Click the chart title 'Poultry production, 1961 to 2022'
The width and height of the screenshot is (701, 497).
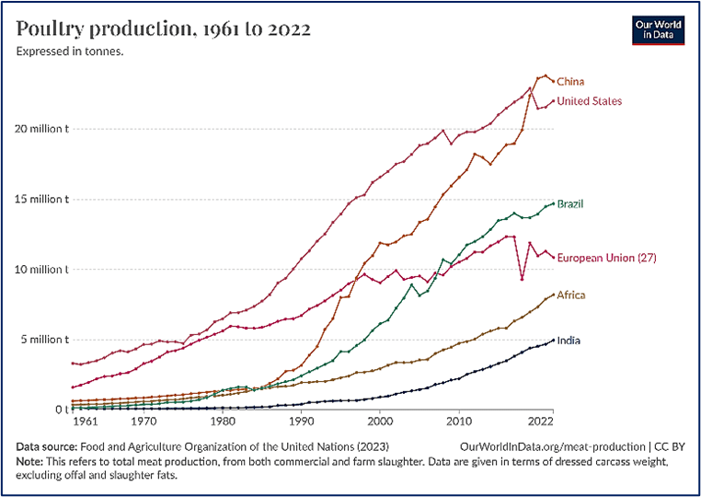point(164,29)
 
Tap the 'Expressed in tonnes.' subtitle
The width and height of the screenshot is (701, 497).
point(70,52)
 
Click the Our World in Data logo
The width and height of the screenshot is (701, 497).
point(658,29)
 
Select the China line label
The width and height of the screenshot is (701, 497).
point(570,82)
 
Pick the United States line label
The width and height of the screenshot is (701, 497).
point(590,101)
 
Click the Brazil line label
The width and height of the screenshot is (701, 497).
point(570,203)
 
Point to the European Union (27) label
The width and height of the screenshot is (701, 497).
point(607,258)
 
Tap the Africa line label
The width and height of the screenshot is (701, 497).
point(570,295)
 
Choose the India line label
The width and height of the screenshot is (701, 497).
point(569,341)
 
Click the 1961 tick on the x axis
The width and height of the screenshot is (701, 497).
point(86,422)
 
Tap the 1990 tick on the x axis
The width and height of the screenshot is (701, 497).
point(301,422)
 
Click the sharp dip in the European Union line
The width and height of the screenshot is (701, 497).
point(522,279)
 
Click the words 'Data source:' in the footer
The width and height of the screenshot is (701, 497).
point(46,445)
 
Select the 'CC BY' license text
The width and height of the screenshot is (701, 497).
point(668,445)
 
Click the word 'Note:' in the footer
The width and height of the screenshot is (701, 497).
point(30,460)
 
